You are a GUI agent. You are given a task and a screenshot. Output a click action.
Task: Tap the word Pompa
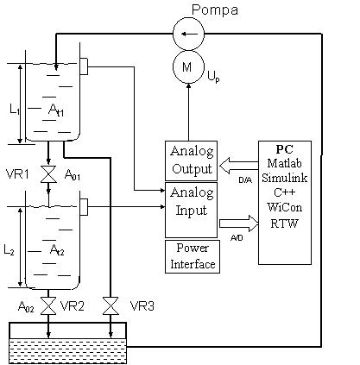(215, 10)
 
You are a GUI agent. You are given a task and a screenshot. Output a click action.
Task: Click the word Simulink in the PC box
(284, 178)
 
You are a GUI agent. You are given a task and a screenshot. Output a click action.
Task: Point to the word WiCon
(284, 207)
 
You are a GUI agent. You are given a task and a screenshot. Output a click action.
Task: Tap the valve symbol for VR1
(48, 174)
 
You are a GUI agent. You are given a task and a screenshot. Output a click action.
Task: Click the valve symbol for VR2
(48, 306)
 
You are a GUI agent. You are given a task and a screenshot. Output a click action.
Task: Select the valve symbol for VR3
(111, 306)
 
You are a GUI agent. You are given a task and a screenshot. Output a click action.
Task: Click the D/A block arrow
(239, 166)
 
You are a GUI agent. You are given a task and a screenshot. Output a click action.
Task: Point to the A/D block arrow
(239, 223)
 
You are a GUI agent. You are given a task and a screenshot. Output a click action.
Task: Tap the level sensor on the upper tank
(84, 66)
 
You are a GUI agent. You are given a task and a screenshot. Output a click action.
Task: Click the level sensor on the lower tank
(84, 206)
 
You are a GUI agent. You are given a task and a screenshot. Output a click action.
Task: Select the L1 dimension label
(15, 110)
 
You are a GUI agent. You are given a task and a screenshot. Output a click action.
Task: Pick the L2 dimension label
(9, 249)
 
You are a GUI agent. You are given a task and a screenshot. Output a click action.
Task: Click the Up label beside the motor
(213, 77)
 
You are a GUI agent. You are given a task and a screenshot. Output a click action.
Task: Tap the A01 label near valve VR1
(73, 174)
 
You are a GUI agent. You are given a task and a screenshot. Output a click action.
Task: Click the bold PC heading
(284, 149)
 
